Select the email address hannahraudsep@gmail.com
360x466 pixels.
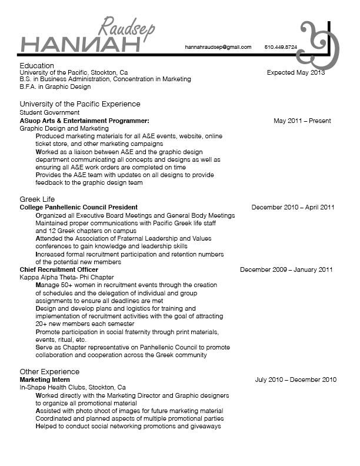[x=218, y=47]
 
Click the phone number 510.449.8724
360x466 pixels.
[x=281, y=47]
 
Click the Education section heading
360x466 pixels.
[x=36, y=65]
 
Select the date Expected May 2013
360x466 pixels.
[x=295, y=73]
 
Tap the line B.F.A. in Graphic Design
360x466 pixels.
[x=55, y=86]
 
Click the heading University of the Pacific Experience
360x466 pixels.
[x=80, y=104]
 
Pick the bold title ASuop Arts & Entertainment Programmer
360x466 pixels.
[x=85, y=121]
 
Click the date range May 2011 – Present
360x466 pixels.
[x=302, y=121]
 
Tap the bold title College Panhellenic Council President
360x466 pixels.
[x=79, y=207]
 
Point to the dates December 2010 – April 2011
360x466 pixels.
[x=293, y=207]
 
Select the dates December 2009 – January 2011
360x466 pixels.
[x=286, y=269]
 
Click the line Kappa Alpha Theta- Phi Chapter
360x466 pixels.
[x=67, y=277]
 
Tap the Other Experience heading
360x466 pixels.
[x=49, y=371]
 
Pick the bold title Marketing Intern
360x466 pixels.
[x=45, y=380]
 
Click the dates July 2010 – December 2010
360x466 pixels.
[x=296, y=380]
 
